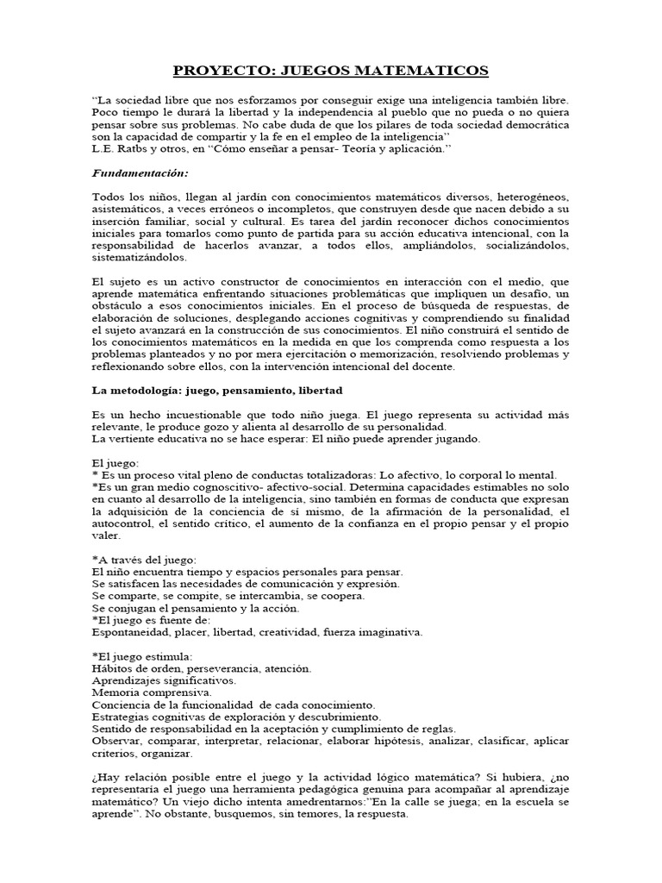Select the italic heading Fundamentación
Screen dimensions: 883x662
(140, 173)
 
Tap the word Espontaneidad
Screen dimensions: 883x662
(129, 632)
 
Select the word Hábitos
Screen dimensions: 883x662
(112, 668)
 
